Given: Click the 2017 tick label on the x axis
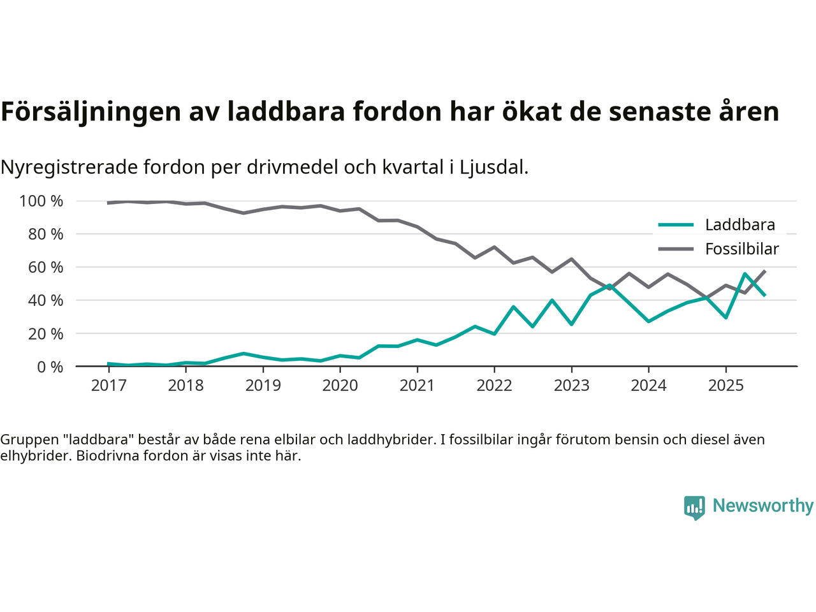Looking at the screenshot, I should (108, 385).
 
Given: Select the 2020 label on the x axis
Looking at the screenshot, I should (340, 385).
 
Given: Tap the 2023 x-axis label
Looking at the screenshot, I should (571, 385).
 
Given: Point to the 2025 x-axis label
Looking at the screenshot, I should (725, 385).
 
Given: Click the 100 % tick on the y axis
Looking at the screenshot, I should (41, 201).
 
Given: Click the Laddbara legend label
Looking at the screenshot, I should (739, 224).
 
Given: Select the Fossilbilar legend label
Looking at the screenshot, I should (741, 249).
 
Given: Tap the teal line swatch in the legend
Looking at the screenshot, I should (676, 224).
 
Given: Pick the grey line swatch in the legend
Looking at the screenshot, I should (676, 249).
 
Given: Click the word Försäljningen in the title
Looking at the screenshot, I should (91, 112).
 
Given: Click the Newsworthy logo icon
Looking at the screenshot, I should (694, 507).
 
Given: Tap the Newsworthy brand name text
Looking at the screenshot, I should (762, 506).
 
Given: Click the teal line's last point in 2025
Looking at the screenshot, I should (764, 295).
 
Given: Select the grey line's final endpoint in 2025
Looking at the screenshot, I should (764, 271).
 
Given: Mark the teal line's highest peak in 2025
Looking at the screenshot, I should (745, 274).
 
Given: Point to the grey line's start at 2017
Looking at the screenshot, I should (108, 203).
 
